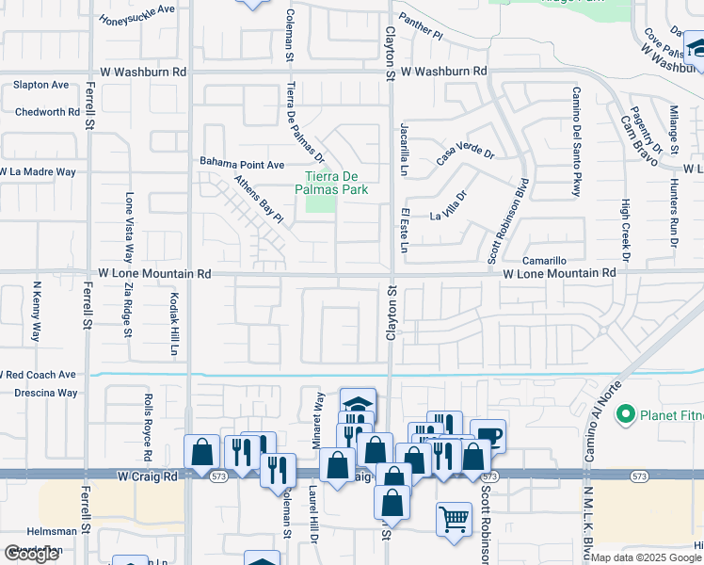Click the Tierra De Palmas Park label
[336, 182]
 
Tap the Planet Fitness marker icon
[625, 414]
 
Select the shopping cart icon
[454, 520]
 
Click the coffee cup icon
[488, 436]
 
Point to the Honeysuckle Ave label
[137, 14]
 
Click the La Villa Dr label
[448, 206]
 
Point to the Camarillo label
[546, 260]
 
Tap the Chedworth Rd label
[47, 112]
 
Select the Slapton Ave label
[40, 85]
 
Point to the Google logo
[31, 554]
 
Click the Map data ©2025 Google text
[646, 557]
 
